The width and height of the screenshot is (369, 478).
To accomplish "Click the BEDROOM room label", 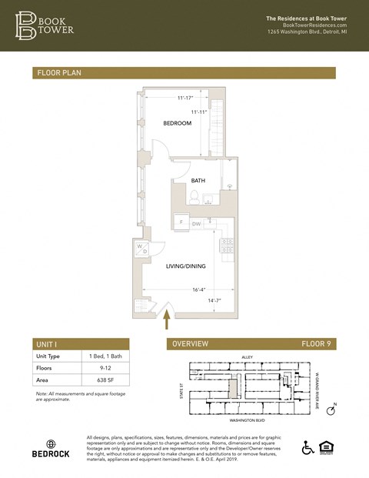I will tap(177, 123).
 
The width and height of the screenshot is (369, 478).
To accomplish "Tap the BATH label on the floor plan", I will tap(198, 180).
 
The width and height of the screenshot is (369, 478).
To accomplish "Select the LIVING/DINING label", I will tap(187, 266).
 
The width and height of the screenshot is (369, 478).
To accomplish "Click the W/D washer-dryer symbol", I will tap(142, 249).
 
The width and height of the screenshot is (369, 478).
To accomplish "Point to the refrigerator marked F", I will tap(181, 222).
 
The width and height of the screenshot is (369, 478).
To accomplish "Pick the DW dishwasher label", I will tap(196, 223).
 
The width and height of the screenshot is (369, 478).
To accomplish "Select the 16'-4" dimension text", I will tap(200, 290).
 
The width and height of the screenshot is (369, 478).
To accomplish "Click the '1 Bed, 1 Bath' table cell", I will tap(103, 356).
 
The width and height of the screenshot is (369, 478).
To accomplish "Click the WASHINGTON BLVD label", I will tap(247, 422).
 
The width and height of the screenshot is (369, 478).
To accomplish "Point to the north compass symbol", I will tap(331, 410).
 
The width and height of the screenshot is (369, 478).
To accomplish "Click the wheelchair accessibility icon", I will tap(307, 448).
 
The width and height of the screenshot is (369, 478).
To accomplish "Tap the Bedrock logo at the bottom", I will tap(51, 450).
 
